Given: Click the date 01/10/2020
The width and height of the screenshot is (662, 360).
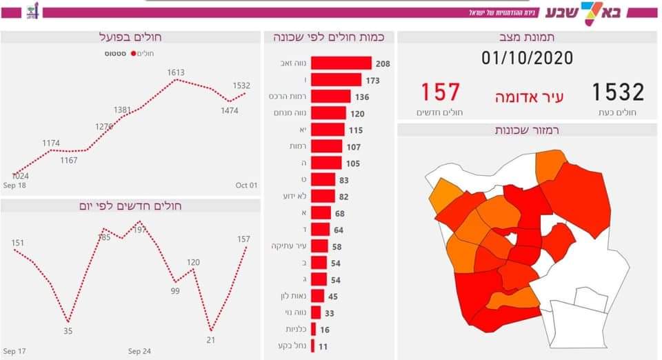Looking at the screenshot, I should point(527,58).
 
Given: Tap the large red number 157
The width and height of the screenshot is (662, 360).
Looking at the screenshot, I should point(440,92).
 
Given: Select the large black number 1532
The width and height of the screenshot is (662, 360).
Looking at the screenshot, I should point(617,92).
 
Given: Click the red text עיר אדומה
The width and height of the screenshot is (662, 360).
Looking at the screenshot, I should point(529,97).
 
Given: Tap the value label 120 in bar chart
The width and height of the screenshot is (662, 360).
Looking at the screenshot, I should point(357,114).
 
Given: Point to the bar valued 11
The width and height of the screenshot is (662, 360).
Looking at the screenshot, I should point(313,346).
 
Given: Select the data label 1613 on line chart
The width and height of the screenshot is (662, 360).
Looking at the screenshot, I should point(176,72).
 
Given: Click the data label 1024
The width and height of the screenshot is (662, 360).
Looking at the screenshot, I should point(20,176).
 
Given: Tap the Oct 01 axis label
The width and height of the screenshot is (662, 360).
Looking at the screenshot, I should point(245,185).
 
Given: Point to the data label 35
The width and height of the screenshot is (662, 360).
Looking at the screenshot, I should point(67,331).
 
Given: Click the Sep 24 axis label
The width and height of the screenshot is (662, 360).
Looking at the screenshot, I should point(139,352).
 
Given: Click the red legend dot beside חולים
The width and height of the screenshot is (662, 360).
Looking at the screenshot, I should point(132,53).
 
